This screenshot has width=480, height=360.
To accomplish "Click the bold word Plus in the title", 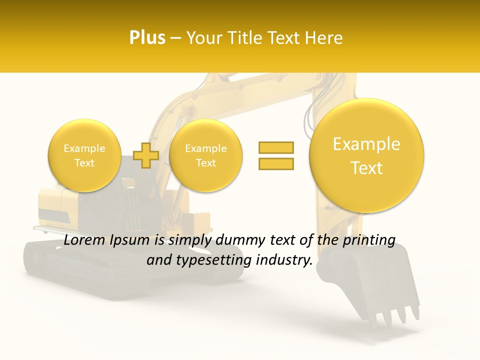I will coord(147,37).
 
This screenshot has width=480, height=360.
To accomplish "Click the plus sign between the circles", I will coord(146,155).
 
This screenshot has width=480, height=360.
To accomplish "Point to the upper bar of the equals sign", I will coord(276,147).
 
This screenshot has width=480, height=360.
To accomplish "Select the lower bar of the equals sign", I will coord(276,163).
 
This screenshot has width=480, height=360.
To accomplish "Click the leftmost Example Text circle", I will coord(84,155).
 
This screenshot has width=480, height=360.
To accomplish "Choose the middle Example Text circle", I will coord(205,155).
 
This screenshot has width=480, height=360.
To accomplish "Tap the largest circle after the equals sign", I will coord(366,155).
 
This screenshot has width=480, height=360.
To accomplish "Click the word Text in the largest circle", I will coord(366,168).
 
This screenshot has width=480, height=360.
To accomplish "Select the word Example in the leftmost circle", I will coord(84,148).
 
